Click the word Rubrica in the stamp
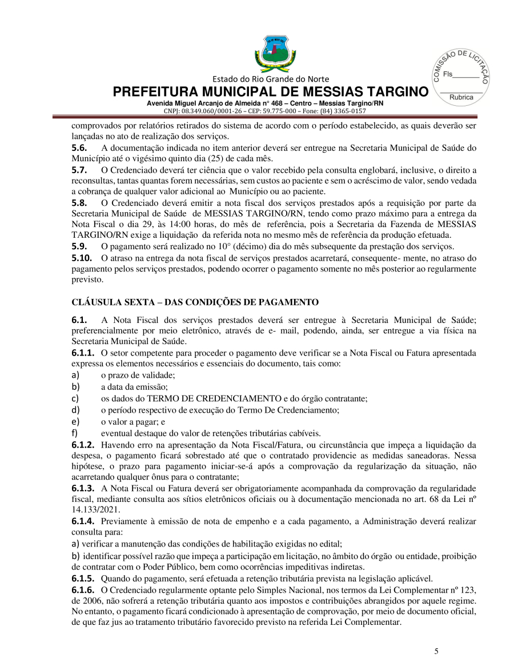[x=461, y=97]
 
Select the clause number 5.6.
[x=79, y=148]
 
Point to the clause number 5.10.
[x=82, y=258]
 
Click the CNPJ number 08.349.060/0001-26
[x=214, y=111]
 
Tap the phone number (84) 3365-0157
[x=344, y=111]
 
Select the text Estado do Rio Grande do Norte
[x=272, y=79]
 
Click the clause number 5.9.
[x=79, y=247]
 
